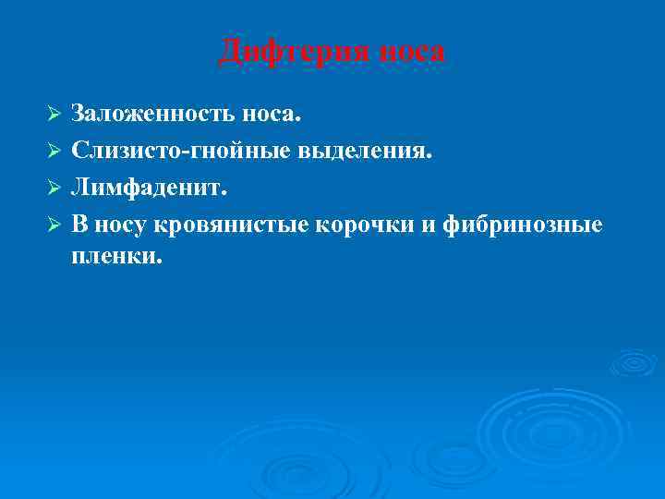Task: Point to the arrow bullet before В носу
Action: coord(54,225)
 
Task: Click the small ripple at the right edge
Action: coord(635,362)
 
